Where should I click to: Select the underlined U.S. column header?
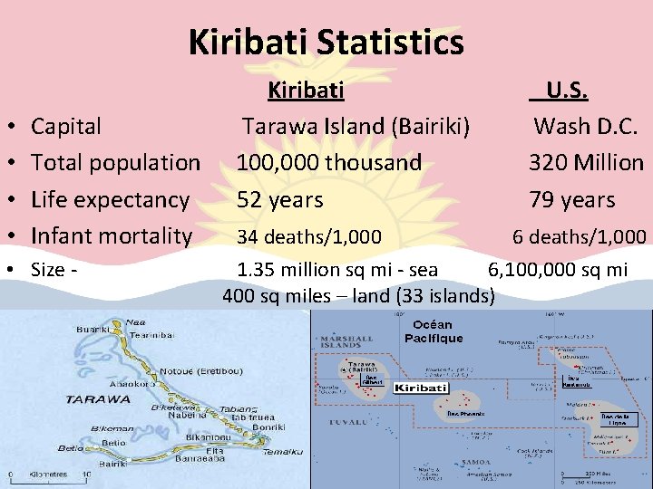(560, 91)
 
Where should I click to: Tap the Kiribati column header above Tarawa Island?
(305, 91)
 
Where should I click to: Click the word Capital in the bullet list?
(66, 126)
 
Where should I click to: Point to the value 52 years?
(280, 199)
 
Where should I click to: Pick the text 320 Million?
(586, 163)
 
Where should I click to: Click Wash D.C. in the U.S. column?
(585, 126)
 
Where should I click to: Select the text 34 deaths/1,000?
(309, 237)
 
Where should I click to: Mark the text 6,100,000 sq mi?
(558, 269)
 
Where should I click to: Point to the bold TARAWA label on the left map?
(97, 398)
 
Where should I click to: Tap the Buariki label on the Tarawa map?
(94, 331)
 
